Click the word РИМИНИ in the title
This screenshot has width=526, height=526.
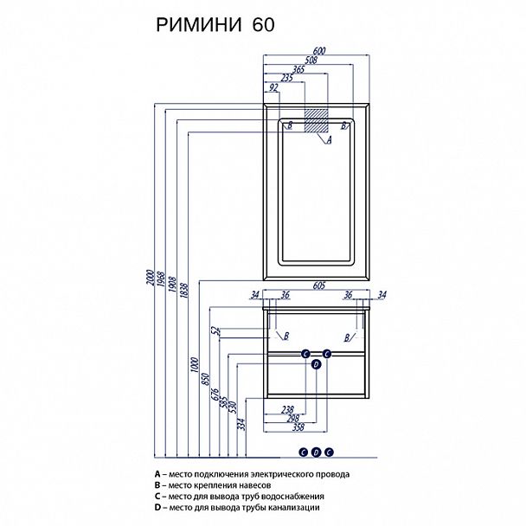click(x=200, y=25)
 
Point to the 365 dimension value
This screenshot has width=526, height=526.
click(x=298, y=68)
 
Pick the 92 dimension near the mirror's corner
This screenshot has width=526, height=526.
click(x=273, y=87)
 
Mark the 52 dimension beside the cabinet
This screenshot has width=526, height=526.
click(x=214, y=331)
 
